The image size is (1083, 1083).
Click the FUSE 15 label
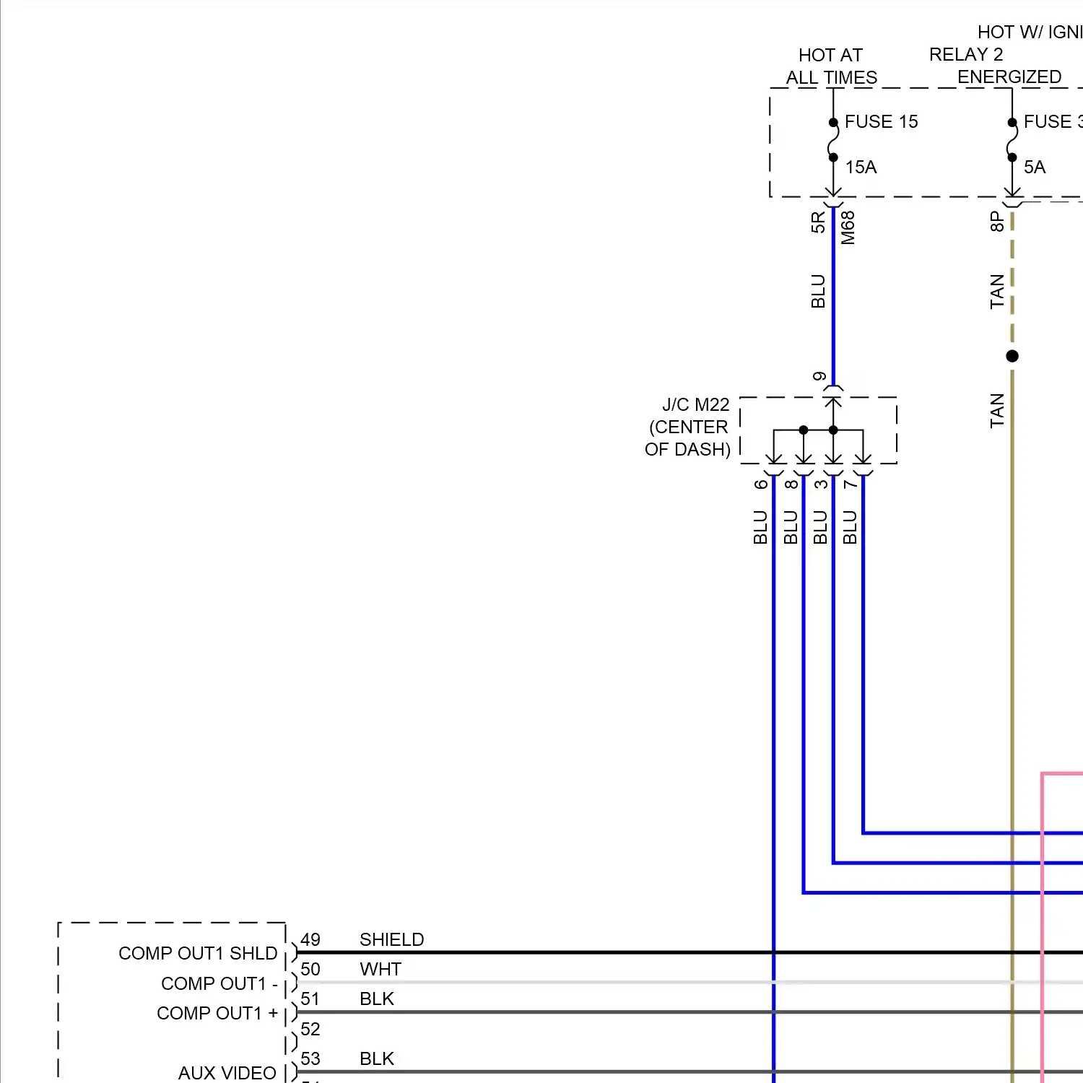click(x=881, y=121)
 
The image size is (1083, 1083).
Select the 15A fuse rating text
click(x=861, y=167)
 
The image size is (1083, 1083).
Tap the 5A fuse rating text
click(x=1034, y=167)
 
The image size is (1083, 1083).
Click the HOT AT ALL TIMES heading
click(x=831, y=66)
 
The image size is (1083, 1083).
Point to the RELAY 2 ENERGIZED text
click(x=995, y=66)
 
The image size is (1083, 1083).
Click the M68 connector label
click(x=848, y=227)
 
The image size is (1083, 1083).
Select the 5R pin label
click(x=817, y=222)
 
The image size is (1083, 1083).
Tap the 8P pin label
click(x=996, y=221)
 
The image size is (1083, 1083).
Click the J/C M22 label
click(x=695, y=404)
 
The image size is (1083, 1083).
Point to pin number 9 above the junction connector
click(x=819, y=377)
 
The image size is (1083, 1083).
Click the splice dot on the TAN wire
click(x=1012, y=356)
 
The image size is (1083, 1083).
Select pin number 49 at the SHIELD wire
click(x=310, y=939)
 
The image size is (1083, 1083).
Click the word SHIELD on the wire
click(x=391, y=939)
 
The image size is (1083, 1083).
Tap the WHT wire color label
click(x=380, y=969)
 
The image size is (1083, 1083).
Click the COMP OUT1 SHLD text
click(x=198, y=953)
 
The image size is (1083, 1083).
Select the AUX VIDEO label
click(x=227, y=1073)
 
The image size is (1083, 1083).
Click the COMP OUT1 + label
click(x=217, y=1013)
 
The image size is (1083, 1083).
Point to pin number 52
click(x=310, y=1029)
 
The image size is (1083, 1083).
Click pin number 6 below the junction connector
click(x=760, y=484)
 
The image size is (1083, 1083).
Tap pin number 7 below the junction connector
click(x=850, y=484)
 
